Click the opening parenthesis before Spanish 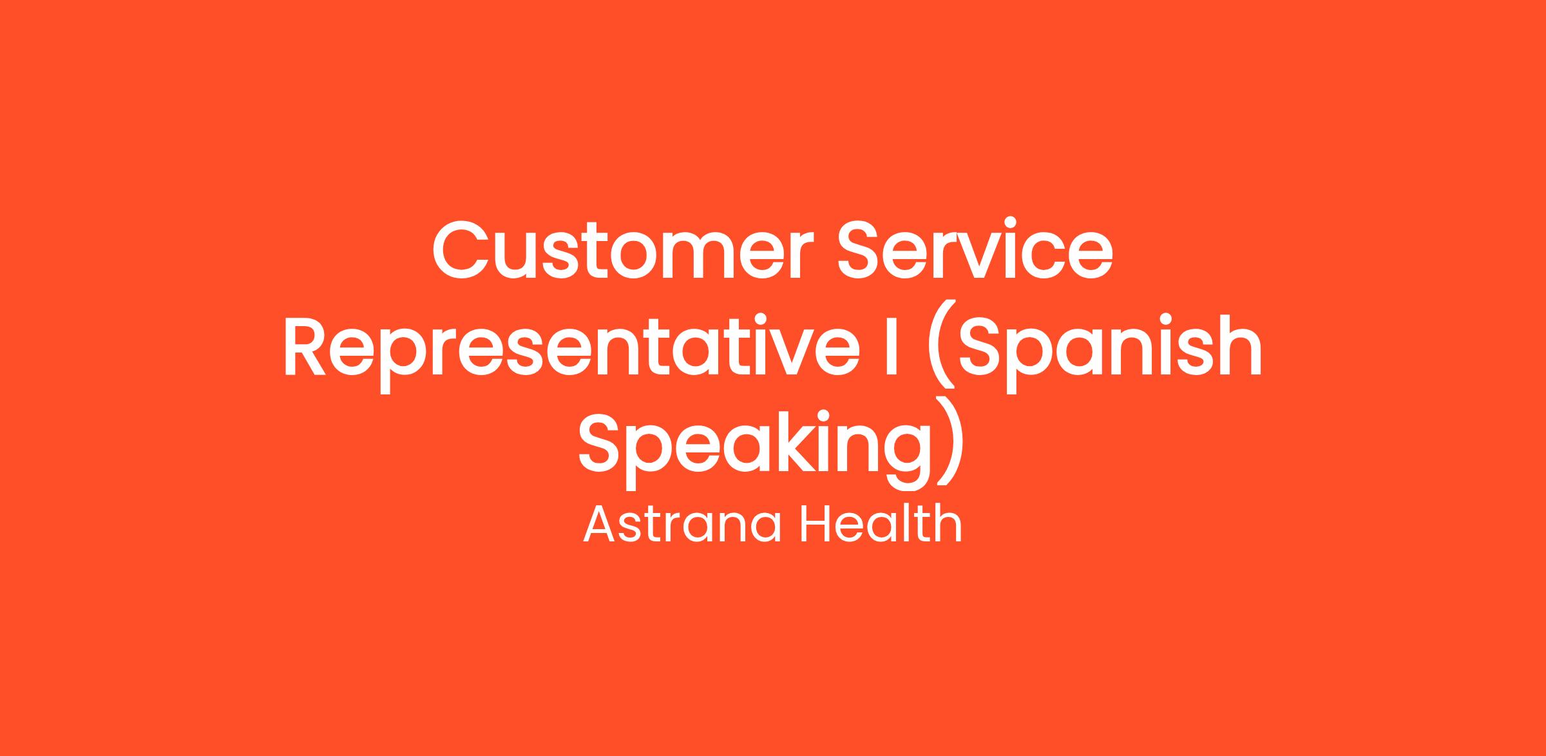click(x=940, y=351)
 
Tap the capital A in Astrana click(x=603, y=523)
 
